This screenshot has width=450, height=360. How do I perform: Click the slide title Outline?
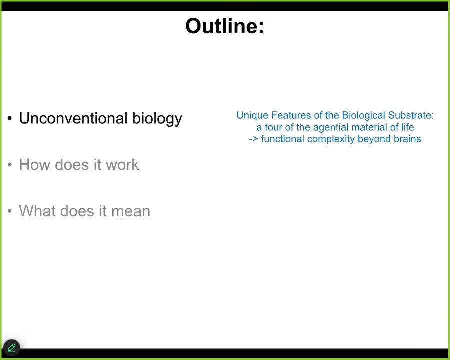[224, 26]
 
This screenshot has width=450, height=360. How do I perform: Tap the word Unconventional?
[73, 118]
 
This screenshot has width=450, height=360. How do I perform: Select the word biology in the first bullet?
[157, 119]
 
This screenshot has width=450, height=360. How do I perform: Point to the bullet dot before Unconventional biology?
[10, 118]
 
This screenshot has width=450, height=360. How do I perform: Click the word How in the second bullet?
[34, 165]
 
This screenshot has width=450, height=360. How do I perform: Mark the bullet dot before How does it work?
[10, 165]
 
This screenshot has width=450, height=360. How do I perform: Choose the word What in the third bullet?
[37, 211]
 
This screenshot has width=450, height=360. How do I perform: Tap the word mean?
[131, 212]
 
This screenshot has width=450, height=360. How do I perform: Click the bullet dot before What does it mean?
[10, 211]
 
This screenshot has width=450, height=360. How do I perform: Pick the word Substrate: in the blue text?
[411, 115]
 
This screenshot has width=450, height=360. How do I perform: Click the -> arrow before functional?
[253, 139]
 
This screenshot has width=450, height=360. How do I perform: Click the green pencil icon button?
[12, 348]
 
